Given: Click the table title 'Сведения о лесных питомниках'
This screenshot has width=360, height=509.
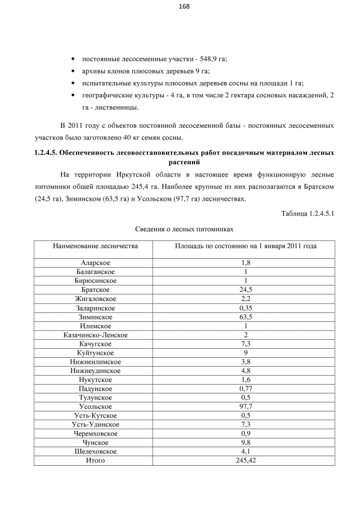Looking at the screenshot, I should (184, 229).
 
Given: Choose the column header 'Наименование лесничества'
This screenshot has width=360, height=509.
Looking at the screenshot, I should (96, 246).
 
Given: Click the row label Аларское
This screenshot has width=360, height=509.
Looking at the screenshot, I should (96, 263).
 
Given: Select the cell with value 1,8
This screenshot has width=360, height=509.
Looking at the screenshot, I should (245, 263).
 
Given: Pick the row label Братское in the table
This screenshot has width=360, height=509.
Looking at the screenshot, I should (96, 290).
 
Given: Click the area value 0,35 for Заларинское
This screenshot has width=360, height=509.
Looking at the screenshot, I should (245, 308).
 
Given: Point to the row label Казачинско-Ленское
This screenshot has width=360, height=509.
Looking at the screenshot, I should (96, 335).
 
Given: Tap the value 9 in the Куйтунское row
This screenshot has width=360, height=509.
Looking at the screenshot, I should (245, 353).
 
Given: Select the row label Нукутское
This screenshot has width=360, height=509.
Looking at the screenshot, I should (96, 380).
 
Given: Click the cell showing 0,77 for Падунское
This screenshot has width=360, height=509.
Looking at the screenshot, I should (245, 389).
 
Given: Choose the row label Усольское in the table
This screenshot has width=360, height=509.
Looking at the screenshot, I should (96, 407).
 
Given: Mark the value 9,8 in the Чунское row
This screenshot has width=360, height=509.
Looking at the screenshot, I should (245, 443).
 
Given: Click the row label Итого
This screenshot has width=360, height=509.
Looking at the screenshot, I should (96, 461).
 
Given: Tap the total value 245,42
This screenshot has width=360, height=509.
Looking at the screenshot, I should (245, 461).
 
